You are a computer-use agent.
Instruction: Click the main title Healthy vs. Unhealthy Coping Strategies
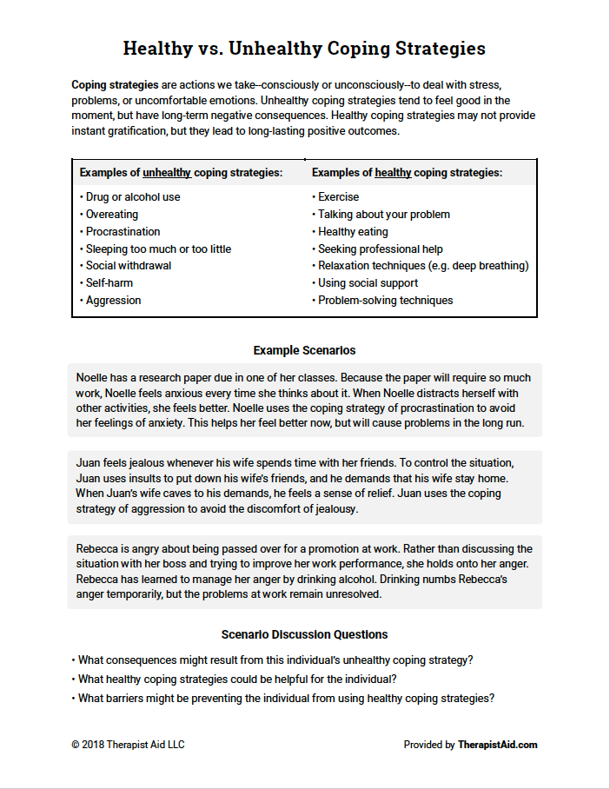point(304,48)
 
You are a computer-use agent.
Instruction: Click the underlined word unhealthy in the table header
point(167,173)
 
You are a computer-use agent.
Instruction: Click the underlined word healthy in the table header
point(393,173)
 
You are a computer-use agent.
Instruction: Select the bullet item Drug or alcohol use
point(132,197)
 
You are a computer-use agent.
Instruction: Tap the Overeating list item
point(111,215)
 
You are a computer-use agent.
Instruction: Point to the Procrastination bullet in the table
point(123,232)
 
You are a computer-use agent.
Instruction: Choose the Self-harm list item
point(109,283)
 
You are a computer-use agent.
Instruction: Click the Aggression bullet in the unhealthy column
point(112,301)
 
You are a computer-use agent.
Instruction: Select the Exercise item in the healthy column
point(338,197)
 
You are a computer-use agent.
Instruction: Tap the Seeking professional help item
point(380,249)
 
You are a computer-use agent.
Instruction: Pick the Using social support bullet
point(368,283)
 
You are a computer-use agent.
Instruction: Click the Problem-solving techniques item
point(385,301)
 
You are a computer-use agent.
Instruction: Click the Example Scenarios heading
point(304,350)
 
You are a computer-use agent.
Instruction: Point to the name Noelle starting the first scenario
point(93,378)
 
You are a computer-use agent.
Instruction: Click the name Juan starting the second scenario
point(89,464)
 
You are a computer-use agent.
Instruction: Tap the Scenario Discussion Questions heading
point(304,634)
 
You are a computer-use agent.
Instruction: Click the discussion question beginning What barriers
point(286,698)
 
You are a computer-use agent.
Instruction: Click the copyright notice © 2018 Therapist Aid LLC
point(128,745)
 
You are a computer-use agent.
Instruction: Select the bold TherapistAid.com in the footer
point(497,745)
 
